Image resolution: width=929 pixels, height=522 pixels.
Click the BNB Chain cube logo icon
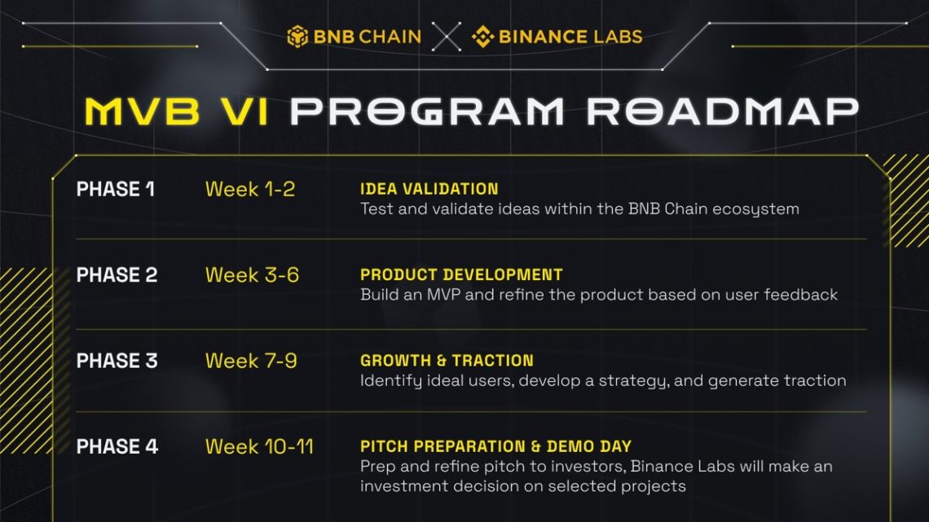click(297, 37)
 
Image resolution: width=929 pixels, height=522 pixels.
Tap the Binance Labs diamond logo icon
click(483, 37)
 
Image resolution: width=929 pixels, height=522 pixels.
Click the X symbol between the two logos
click(446, 37)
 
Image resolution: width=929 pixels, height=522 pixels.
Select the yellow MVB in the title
click(142, 112)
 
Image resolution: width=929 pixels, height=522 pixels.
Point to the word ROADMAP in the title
click(723, 112)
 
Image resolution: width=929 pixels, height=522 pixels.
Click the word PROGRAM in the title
click(427, 112)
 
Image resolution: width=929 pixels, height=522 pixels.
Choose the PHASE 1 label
click(116, 190)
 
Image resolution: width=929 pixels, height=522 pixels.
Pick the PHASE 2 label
click(117, 275)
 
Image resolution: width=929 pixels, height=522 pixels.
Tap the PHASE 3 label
click(117, 361)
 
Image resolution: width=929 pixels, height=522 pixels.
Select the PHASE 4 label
click(117, 447)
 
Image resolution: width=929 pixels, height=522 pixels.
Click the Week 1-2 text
click(250, 190)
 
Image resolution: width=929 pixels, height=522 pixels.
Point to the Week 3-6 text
click(252, 275)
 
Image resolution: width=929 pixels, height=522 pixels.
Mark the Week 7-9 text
click(251, 361)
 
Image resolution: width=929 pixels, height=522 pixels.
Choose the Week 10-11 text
click(259, 447)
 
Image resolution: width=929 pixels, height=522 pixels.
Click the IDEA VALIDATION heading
click(429, 190)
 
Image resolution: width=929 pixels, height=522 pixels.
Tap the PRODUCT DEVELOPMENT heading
click(461, 275)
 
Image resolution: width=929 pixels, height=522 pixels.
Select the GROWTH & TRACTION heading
click(447, 361)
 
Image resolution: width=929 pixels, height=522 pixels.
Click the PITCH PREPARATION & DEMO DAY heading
click(496, 447)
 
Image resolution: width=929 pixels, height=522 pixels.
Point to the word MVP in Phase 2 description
click(444, 295)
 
